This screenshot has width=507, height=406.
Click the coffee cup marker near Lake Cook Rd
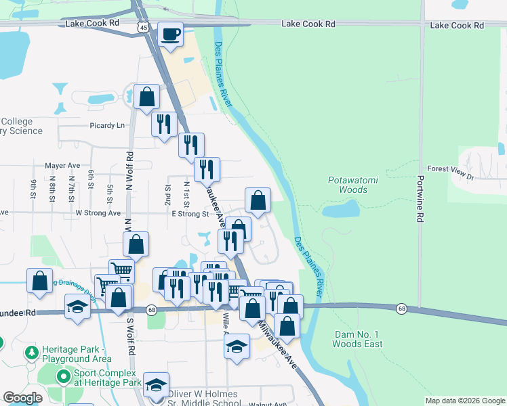click(171, 34)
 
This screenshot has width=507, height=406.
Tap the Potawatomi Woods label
click(348, 185)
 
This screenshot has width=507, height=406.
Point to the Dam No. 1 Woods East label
click(357, 339)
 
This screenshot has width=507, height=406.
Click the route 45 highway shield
click(142, 26)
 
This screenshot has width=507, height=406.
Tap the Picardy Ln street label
click(108, 125)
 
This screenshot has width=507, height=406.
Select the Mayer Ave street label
click(62, 165)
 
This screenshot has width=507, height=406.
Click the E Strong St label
click(190, 214)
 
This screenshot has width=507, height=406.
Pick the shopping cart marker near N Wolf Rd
click(121, 271)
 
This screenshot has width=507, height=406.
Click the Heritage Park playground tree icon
click(31, 353)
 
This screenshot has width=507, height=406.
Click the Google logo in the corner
click(22, 398)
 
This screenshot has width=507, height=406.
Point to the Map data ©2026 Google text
click(464, 401)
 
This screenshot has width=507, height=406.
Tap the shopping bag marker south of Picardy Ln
click(146, 97)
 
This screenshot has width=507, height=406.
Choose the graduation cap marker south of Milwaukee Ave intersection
click(236, 347)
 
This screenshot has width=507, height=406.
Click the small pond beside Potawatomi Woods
click(340, 210)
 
